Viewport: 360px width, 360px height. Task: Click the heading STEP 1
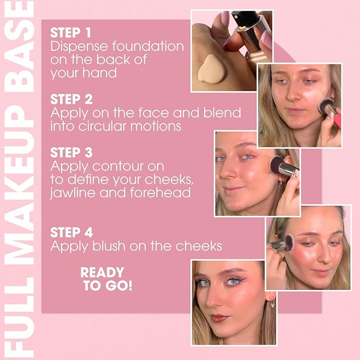point(71,32)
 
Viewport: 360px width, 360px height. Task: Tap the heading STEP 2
point(72,99)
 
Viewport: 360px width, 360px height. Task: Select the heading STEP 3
point(72,153)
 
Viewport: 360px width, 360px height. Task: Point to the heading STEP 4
point(72,232)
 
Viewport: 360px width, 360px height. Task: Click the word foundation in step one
point(148,46)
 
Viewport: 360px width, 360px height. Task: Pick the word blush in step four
point(109,246)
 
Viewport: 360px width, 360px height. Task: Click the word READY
point(102,273)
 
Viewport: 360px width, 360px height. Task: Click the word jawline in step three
point(73,192)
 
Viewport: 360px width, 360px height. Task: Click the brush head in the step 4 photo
point(289,243)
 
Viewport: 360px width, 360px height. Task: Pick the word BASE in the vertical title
point(19,47)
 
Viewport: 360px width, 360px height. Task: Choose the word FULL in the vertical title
point(20,315)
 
